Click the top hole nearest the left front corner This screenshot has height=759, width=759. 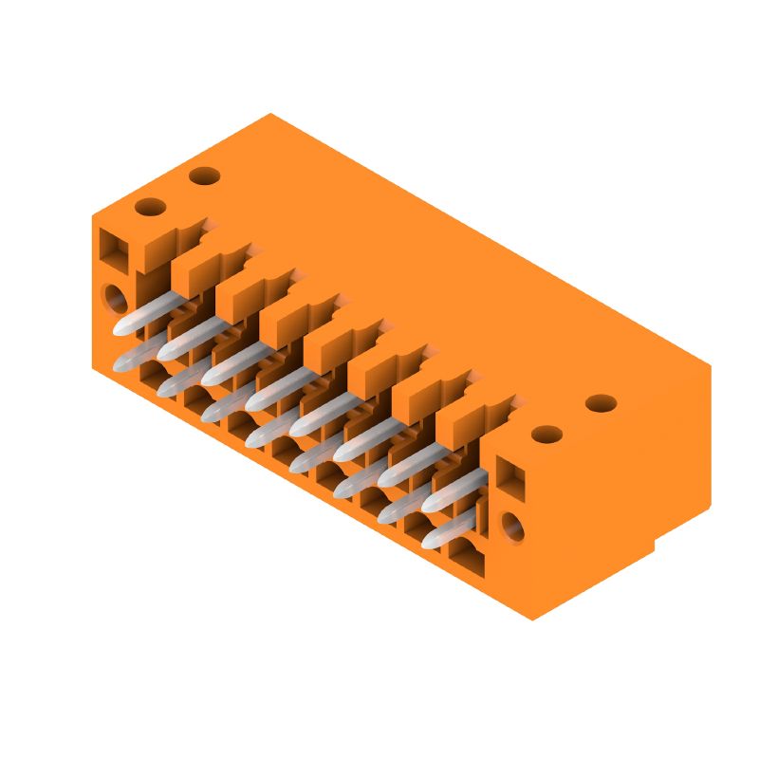pyautogui.click(x=150, y=207)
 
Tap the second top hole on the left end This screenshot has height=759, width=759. pyautogui.click(x=204, y=176)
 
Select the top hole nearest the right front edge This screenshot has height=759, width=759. pyautogui.click(x=546, y=435)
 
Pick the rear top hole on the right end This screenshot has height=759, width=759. pyautogui.click(x=601, y=403)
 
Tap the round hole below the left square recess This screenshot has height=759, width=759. pyautogui.click(x=116, y=299)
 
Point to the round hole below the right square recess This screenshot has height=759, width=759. pyautogui.click(x=512, y=526)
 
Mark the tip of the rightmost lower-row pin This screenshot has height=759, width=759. pyautogui.click(x=432, y=542)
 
